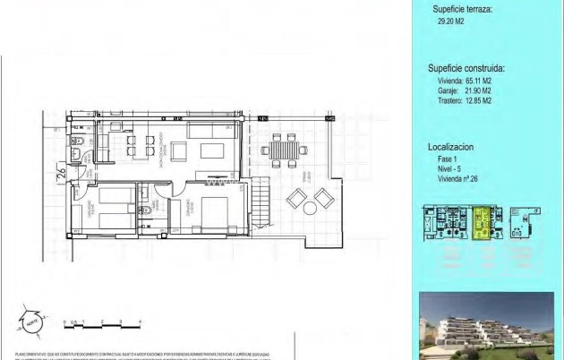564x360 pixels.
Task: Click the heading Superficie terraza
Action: pos(461,11)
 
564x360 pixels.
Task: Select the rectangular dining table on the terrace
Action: pos(283,148)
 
